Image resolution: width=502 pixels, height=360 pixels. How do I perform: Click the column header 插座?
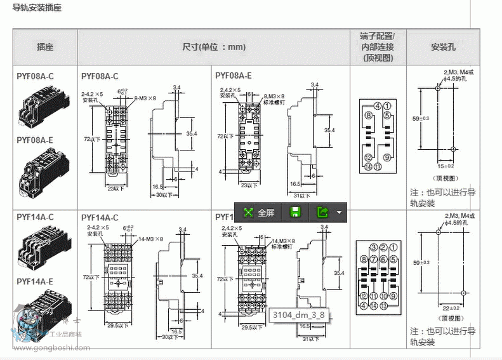point(44,46)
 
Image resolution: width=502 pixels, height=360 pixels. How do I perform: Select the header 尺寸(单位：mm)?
point(213,46)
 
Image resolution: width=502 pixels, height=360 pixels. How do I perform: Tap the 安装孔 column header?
point(443,46)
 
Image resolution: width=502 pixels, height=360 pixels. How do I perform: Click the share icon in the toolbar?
point(323,213)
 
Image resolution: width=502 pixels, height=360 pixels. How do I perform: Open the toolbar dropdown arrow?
point(340,213)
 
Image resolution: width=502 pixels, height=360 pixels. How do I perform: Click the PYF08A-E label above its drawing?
point(234,76)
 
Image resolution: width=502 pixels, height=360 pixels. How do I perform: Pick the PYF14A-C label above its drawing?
point(100,217)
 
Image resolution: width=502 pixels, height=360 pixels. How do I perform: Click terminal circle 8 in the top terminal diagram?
point(368,115)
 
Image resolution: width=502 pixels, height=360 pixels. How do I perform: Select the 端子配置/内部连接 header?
point(378,46)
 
